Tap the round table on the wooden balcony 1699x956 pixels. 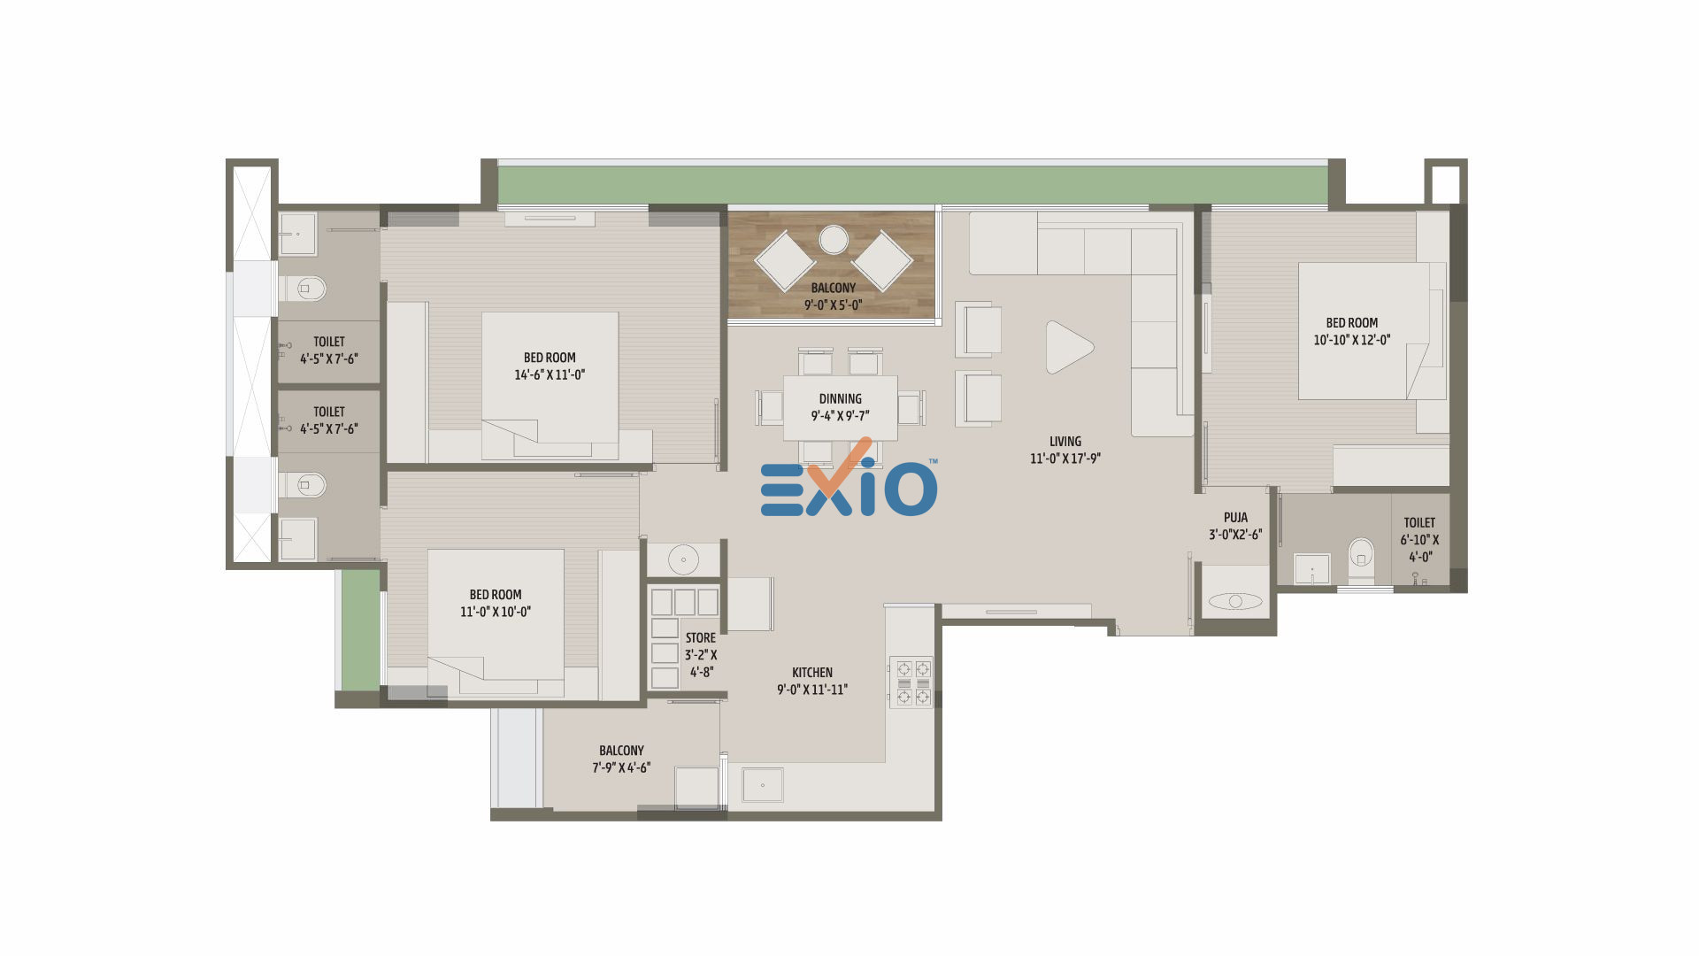click(833, 240)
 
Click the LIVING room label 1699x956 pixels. click(1065, 442)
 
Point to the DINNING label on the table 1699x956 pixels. click(840, 399)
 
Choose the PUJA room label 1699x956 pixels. click(1235, 518)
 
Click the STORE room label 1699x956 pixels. click(700, 638)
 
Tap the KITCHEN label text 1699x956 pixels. click(812, 673)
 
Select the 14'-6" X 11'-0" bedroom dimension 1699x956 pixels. click(550, 374)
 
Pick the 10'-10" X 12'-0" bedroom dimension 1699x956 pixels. click(1351, 340)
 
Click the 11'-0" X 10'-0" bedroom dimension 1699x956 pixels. click(496, 612)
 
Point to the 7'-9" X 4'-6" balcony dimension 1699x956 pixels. click(621, 767)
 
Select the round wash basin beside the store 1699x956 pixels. click(683, 559)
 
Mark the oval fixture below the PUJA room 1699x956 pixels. click(1235, 601)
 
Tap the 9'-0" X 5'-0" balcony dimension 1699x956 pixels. click(833, 305)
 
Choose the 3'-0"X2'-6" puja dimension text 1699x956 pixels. click(1235, 535)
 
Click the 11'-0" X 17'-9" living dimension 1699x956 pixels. click(1065, 459)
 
